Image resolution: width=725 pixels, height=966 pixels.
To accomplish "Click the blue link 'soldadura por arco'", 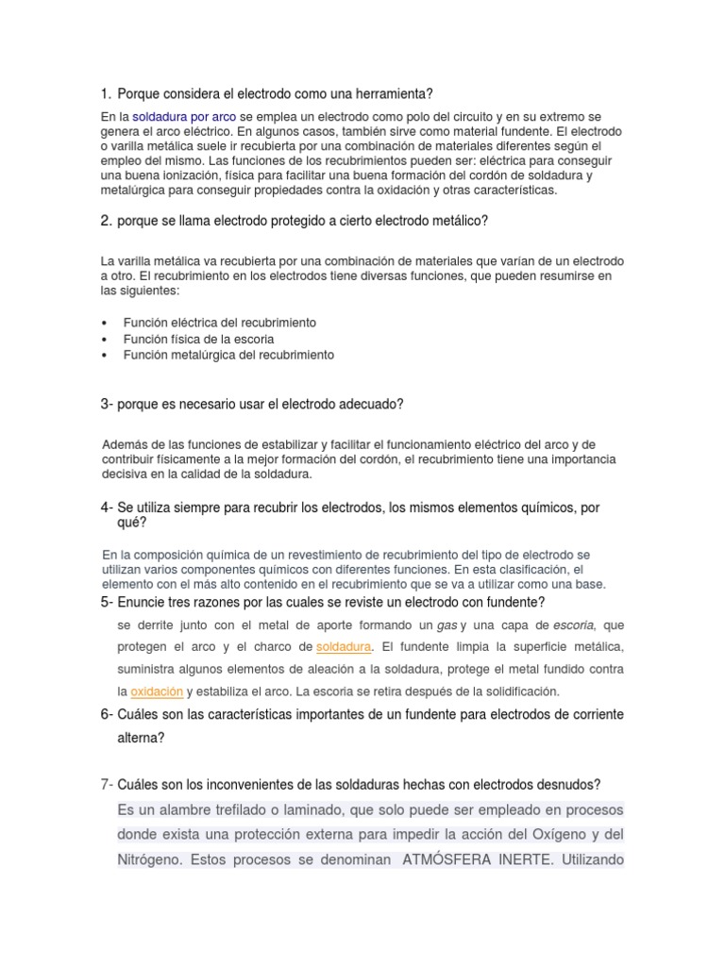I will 185,115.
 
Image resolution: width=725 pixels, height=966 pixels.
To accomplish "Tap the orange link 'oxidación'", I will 156,691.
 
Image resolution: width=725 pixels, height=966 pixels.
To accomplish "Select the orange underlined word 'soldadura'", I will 344,646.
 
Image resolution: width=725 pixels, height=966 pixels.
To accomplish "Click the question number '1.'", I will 106,93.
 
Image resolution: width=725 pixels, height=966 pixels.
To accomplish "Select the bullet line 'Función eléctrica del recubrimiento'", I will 220,323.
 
